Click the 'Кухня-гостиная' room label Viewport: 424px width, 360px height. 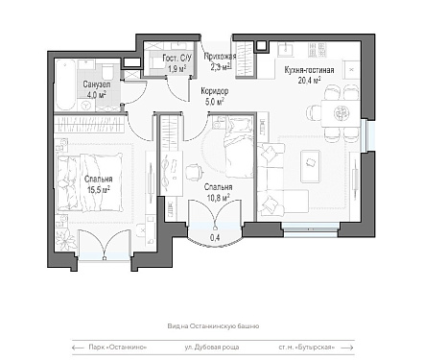[309, 70]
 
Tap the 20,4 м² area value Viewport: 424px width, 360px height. [309, 81]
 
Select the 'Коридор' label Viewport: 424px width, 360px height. [215, 91]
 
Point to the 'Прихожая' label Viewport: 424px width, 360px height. [220, 57]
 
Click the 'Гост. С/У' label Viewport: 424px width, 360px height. [177, 59]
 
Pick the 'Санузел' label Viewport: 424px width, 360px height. [97, 84]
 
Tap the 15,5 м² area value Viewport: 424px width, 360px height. [99, 190]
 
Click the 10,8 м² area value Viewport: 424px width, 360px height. [219, 198]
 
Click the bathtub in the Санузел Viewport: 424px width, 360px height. [65, 84]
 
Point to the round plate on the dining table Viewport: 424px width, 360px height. [340, 112]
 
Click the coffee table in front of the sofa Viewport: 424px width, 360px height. [310, 166]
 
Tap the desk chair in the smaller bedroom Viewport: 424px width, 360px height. [195, 172]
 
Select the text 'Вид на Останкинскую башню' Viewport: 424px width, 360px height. [213, 326]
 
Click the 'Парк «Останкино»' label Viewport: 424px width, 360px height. [118, 348]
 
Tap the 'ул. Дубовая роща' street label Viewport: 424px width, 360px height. [212, 348]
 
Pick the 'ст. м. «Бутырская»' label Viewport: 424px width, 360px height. [307, 348]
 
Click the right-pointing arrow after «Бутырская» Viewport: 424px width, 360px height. [347, 348]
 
